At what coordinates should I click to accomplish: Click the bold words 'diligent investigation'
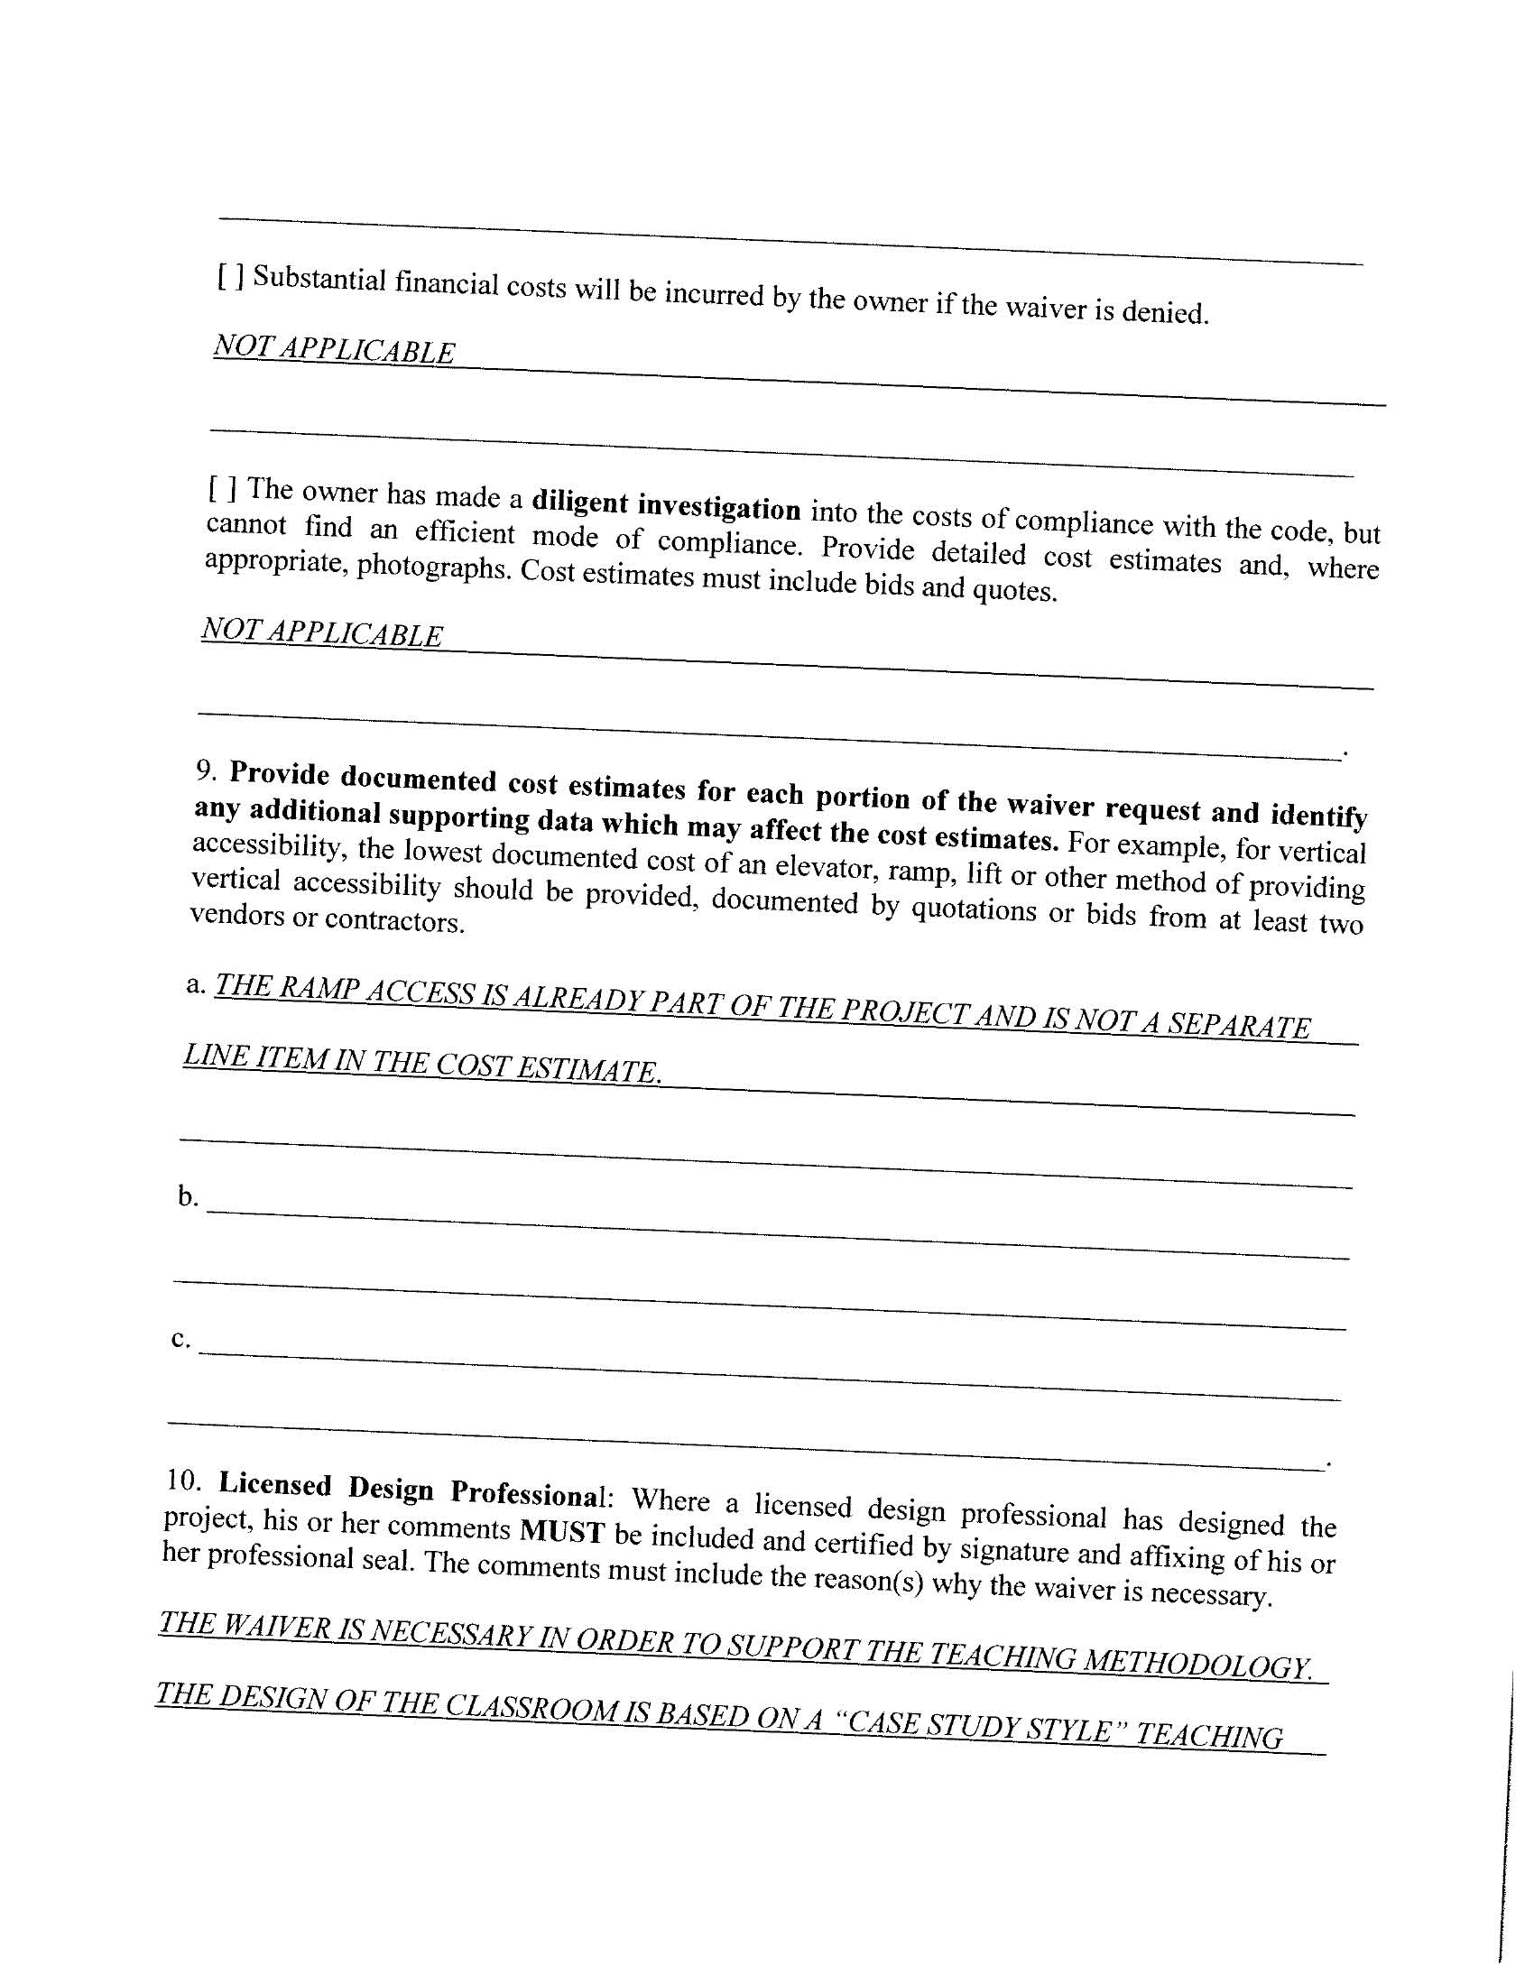coord(666,505)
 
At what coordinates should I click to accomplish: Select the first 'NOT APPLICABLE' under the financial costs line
coord(334,349)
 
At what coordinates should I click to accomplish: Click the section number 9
coord(206,770)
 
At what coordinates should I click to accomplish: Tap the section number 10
coord(183,1479)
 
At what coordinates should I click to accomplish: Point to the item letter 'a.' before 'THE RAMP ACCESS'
coord(196,983)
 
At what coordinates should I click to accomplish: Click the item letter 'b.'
coord(187,1196)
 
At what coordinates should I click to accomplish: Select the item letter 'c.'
coord(180,1338)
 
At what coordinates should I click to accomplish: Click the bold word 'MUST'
coord(561,1533)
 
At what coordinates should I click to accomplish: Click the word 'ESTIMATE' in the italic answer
coord(587,1069)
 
